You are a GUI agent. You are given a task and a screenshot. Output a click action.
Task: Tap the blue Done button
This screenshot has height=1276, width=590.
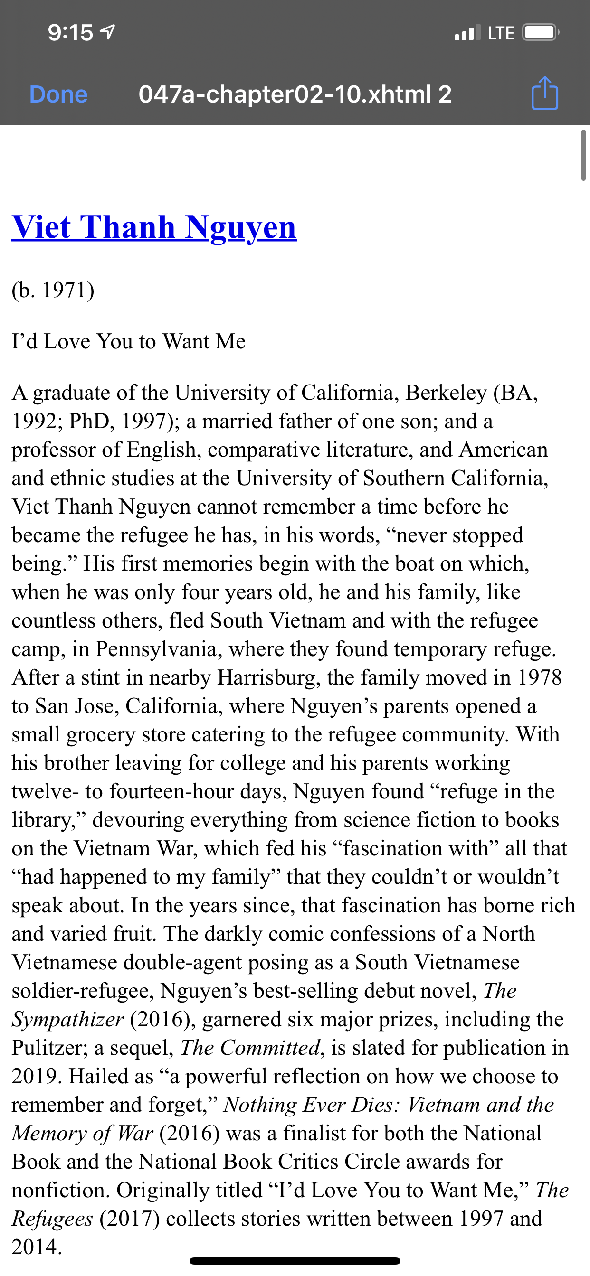pos(58,94)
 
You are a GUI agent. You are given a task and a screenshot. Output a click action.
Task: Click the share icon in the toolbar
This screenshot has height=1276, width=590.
pos(544,93)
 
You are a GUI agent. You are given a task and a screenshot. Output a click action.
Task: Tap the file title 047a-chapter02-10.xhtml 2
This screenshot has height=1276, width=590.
pos(295,94)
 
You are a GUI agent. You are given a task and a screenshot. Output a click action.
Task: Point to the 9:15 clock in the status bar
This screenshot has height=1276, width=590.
pos(70,33)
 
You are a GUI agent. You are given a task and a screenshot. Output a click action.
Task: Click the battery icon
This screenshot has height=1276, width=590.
pos(541,33)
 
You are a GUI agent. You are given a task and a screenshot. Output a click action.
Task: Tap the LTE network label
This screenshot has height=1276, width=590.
pos(501,33)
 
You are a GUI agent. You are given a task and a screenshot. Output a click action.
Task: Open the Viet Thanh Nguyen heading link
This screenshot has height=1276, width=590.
pos(154,227)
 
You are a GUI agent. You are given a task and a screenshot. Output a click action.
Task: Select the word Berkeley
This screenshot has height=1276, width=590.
pos(446,393)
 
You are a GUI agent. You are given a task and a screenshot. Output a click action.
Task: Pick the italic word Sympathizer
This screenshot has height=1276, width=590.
pos(68,1019)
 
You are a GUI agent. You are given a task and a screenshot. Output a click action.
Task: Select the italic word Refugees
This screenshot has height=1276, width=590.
pos(52,1219)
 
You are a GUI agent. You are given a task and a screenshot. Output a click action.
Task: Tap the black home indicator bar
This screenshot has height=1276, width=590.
pos(295,1261)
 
